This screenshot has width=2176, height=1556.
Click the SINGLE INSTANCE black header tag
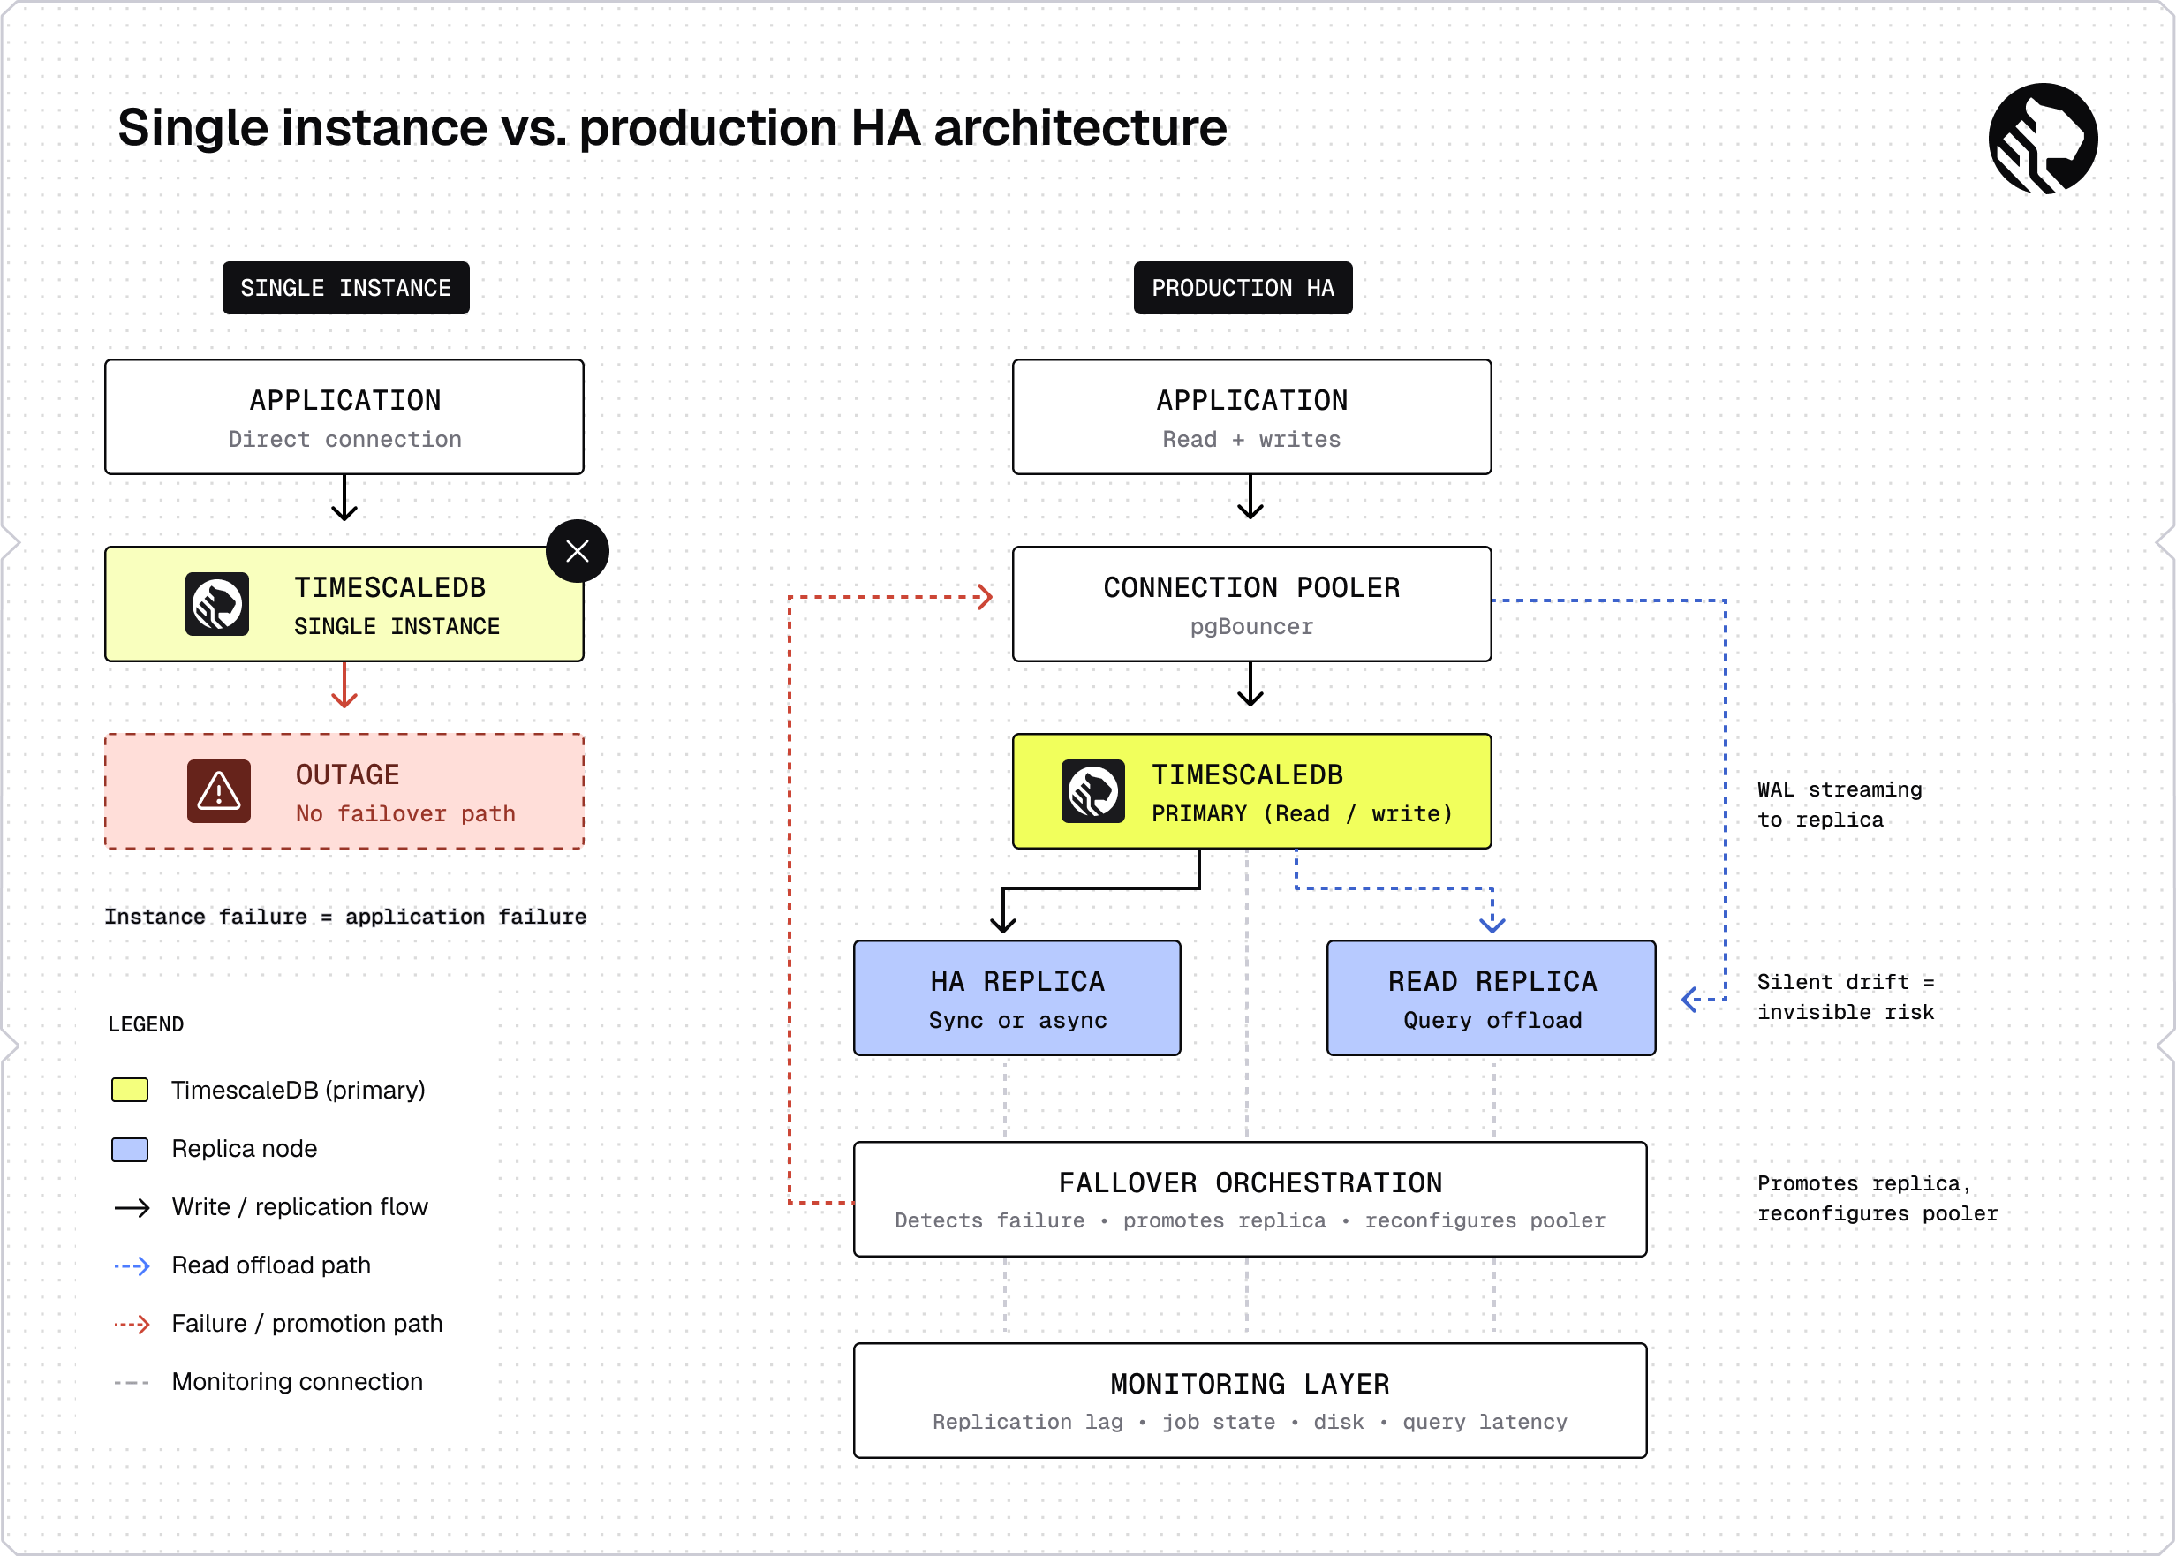(x=346, y=287)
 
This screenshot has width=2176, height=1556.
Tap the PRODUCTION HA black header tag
(x=1243, y=287)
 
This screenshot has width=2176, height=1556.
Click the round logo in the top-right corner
(x=2043, y=138)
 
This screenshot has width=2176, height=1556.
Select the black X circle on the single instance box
(x=577, y=551)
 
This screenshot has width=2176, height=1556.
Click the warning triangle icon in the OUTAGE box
(x=218, y=791)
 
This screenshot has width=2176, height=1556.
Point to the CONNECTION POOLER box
(x=1251, y=604)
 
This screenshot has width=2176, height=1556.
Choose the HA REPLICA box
(x=1016, y=997)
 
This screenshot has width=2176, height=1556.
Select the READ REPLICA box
(x=1491, y=997)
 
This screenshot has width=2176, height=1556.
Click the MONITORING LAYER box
(x=1250, y=1401)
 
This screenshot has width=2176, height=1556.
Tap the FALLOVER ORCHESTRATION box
(x=1250, y=1198)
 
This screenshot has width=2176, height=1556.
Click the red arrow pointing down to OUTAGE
(x=344, y=685)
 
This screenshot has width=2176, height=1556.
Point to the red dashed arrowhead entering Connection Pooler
(x=985, y=597)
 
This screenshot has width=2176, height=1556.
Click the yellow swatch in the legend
(x=129, y=1091)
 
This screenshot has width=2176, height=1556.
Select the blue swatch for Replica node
(x=129, y=1149)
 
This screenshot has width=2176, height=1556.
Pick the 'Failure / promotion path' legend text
(x=306, y=1323)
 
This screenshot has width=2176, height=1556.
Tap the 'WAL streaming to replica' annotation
(x=1839, y=804)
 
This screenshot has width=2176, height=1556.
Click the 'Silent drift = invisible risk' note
(x=1846, y=997)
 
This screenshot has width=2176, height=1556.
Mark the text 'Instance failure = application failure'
(x=345, y=917)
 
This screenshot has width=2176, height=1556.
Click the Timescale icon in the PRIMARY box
(x=1093, y=791)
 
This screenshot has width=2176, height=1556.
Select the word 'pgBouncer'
(x=1251, y=627)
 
